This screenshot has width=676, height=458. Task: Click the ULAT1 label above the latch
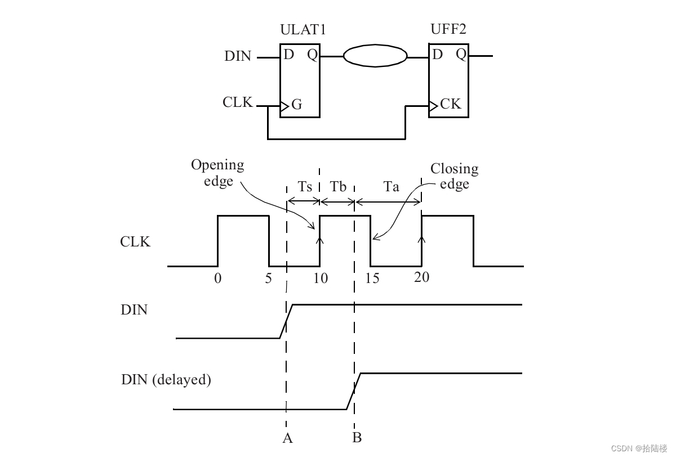point(300,30)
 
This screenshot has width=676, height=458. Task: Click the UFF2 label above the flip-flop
point(448,30)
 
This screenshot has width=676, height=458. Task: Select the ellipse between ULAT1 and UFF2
point(375,56)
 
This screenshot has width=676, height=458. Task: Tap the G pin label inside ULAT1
point(296,105)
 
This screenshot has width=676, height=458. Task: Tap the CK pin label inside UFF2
point(450,104)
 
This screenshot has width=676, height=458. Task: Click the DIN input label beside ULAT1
point(238,56)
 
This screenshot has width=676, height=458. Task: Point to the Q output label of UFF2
point(461,54)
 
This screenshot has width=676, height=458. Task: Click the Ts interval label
point(305,187)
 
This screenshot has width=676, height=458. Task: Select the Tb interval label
point(338,187)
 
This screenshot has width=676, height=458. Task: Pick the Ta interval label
point(391,187)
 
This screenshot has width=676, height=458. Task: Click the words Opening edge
point(217,173)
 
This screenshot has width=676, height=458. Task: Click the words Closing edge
point(454,176)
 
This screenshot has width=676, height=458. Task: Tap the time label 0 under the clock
point(218,278)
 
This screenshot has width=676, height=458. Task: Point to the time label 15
point(372,278)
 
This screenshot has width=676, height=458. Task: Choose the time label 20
point(421,277)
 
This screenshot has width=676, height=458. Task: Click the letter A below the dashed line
point(287,438)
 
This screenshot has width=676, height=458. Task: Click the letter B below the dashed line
point(357,437)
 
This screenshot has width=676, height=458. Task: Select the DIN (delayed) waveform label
point(166,380)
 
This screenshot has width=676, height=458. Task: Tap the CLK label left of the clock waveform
point(135,242)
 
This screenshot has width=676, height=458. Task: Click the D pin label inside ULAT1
point(289,55)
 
